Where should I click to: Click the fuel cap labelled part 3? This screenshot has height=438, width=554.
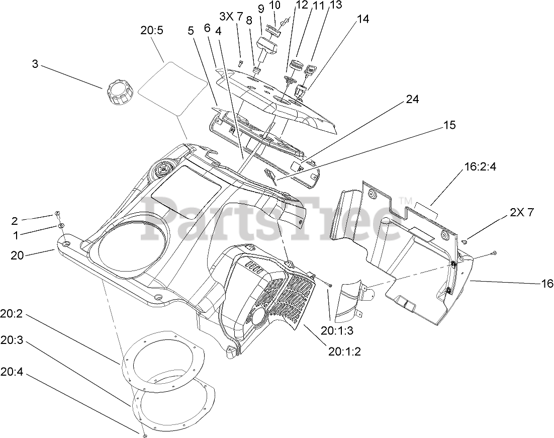(120, 93)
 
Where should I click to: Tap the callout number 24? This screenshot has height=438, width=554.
(412, 100)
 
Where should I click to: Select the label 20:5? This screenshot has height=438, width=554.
(151, 31)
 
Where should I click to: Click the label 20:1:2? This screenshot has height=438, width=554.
(344, 352)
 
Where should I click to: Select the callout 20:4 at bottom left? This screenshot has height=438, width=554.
(12, 372)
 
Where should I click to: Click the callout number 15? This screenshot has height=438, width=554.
(449, 125)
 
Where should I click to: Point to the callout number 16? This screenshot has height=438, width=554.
(546, 283)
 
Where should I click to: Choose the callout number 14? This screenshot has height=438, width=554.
(362, 19)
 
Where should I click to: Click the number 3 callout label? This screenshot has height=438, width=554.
(35, 64)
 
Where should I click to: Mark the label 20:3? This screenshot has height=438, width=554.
(12, 340)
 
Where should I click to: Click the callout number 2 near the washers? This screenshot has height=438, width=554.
(15, 221)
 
